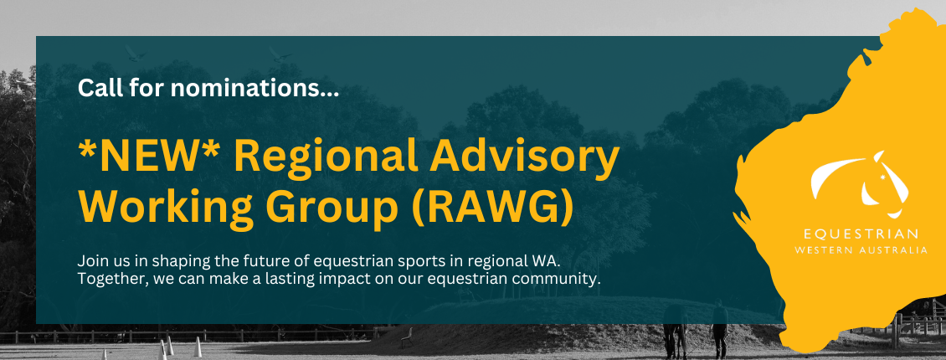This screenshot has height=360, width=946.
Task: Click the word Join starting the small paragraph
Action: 89,262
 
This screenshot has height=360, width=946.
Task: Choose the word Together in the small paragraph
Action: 103,280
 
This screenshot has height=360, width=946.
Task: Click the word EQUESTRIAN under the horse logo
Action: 861,234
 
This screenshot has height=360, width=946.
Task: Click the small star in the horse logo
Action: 884,177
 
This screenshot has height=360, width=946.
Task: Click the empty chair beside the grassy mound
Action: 407,337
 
